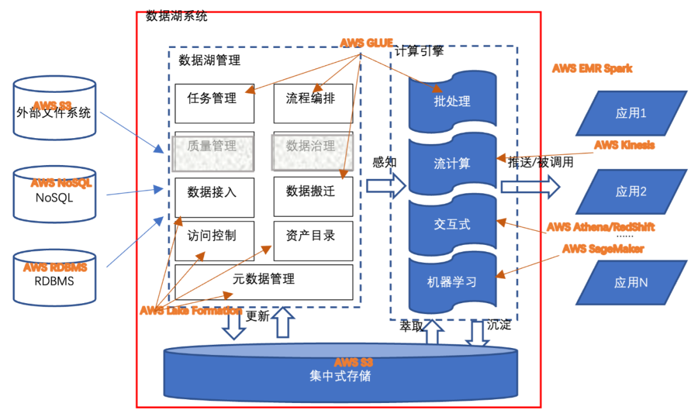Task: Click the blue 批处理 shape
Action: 452,100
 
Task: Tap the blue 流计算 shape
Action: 452,164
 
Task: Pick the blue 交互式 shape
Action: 452,224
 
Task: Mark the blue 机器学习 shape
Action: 452,282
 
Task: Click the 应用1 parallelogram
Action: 631,113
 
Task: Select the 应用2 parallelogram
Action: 631,191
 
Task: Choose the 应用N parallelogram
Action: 631,282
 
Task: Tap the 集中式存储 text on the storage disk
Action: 340,376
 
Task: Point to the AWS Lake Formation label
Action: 191,311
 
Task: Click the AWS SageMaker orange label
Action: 603,249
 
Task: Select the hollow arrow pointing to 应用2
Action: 530,187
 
